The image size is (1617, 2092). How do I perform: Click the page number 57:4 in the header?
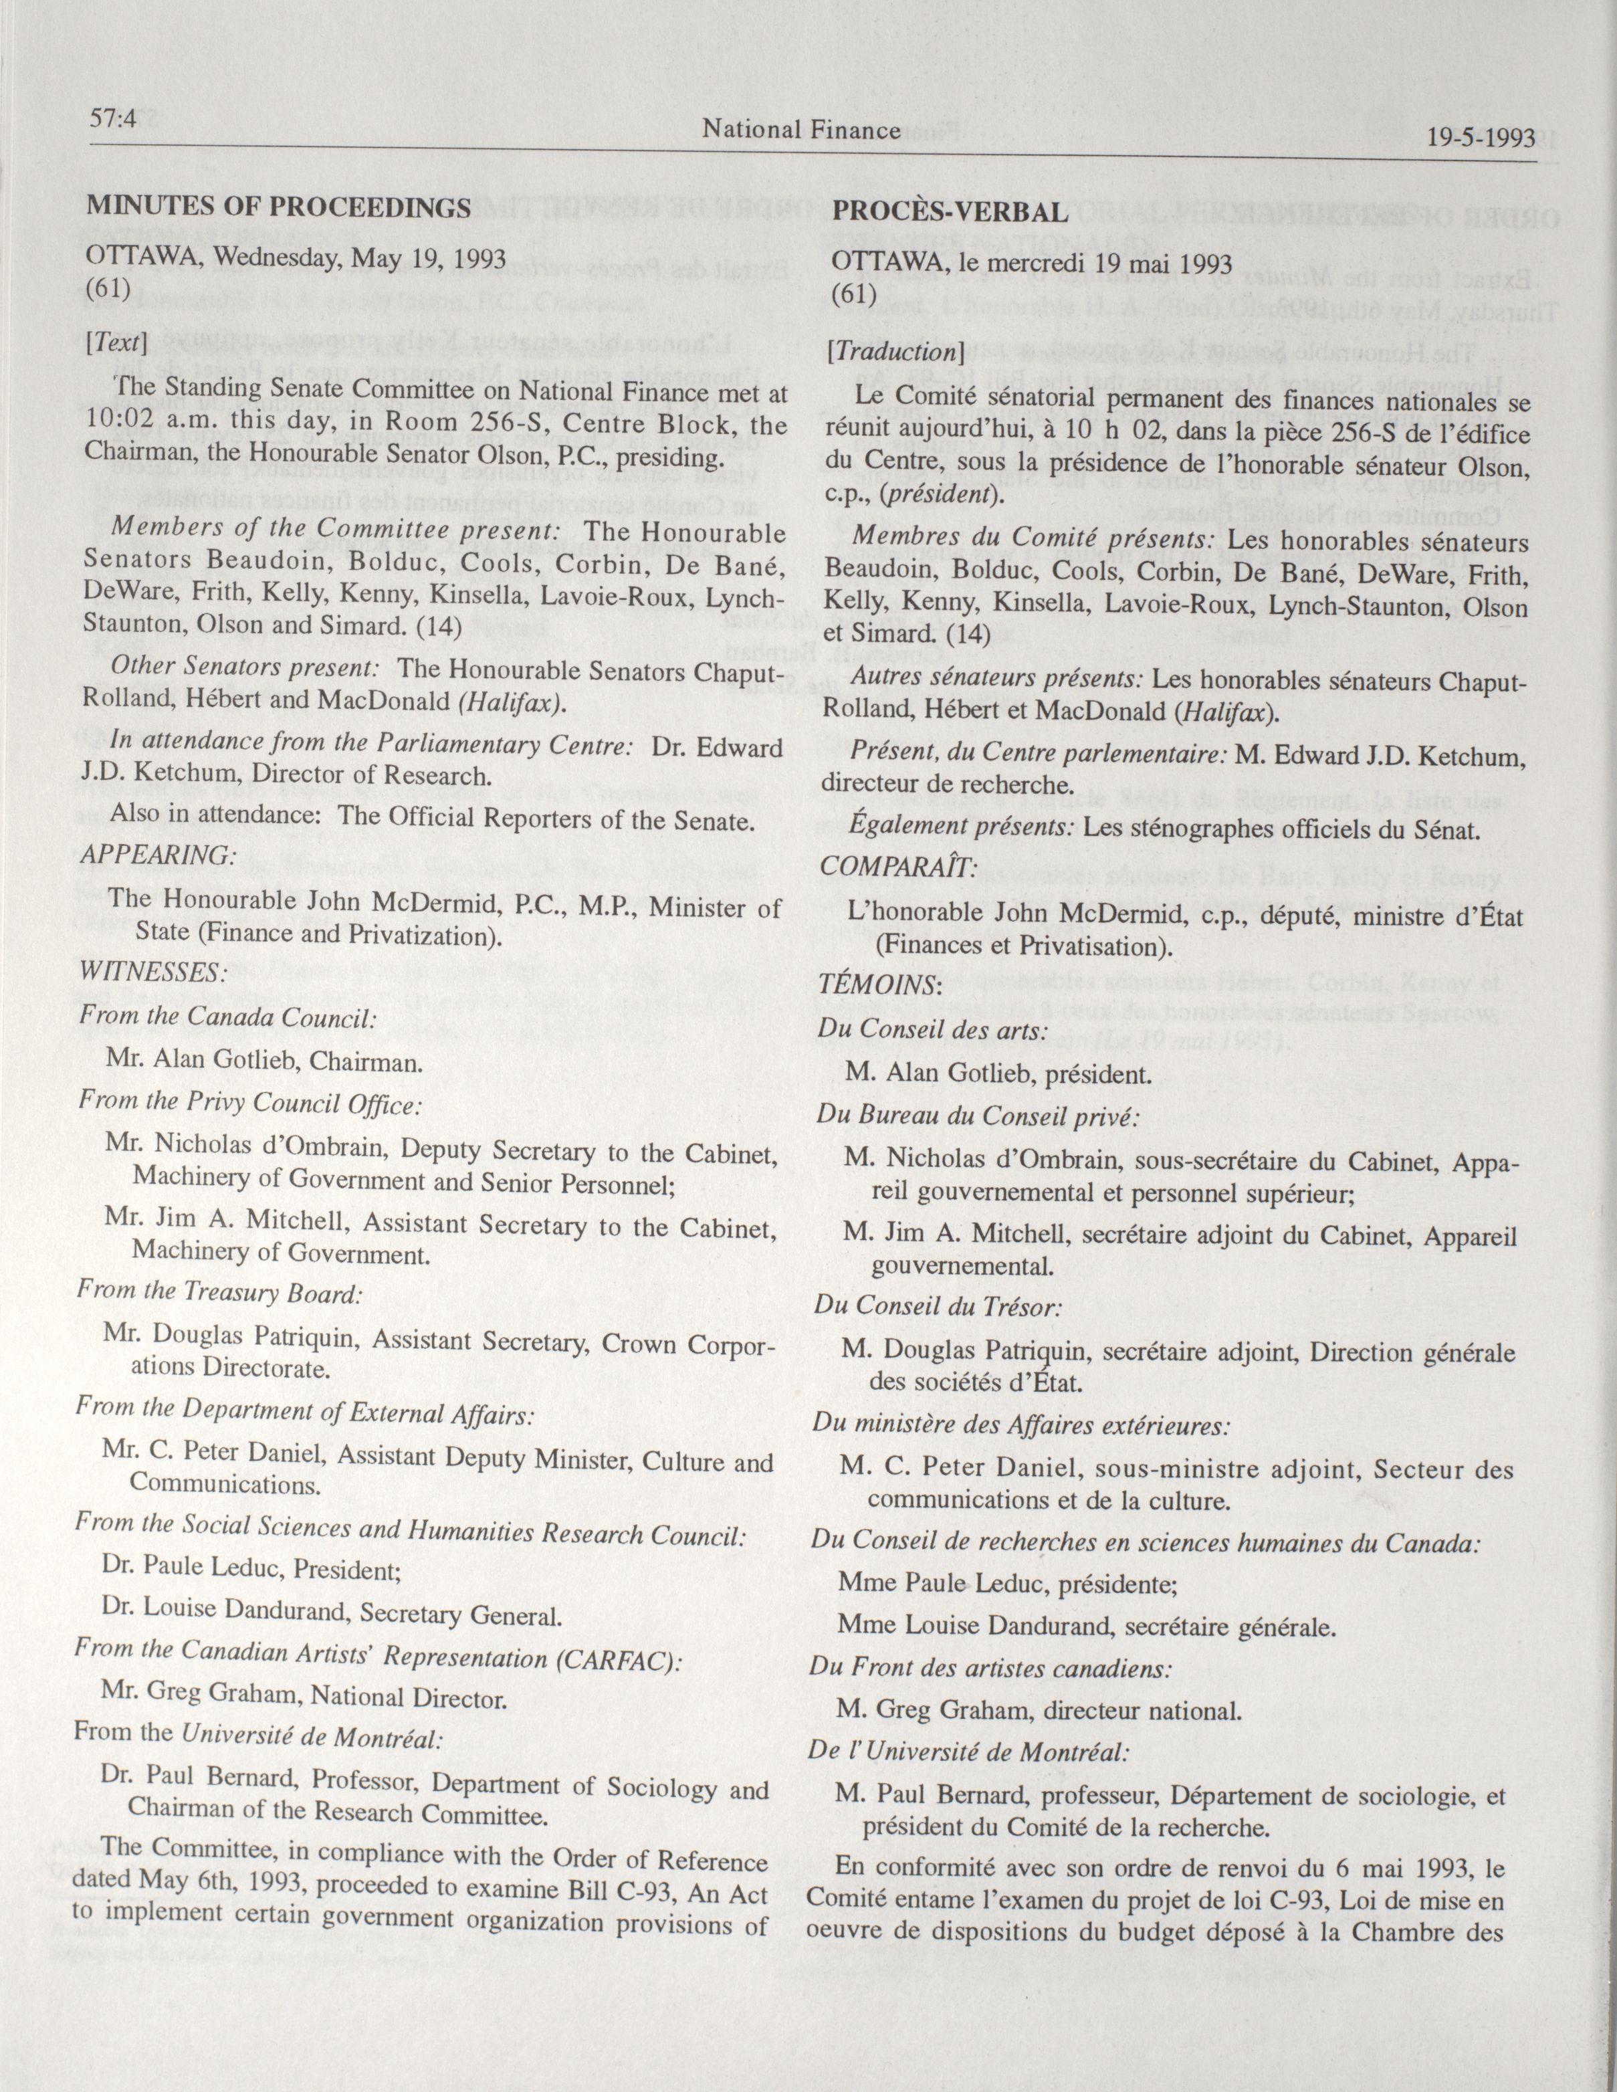pos(113,120)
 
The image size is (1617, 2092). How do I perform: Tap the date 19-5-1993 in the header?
pos(1480,137)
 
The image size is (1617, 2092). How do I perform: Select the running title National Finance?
pos(801,128)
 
